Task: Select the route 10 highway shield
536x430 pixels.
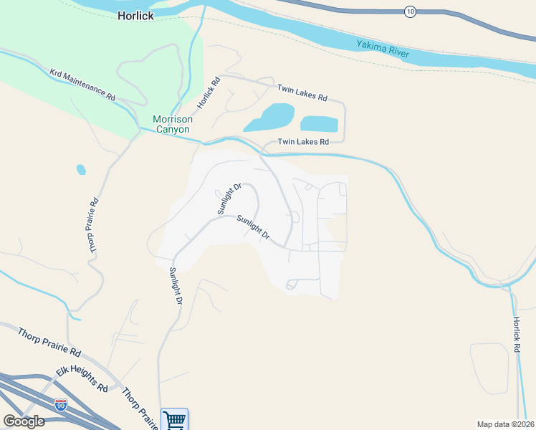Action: click(x=410, y=11)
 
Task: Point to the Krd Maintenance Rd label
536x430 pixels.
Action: click(x=82, y=85)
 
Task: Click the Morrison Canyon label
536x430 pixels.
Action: click(x=171, y=124)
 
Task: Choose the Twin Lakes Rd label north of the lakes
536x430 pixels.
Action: click(x=302, y=92)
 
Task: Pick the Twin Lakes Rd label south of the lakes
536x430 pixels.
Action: click(x=303, y=142)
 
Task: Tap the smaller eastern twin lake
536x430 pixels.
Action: click(x=319, y=123)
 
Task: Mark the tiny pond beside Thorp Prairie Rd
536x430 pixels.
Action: click(x=81, y=170)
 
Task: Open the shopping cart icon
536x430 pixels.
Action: click(x=174, y=419)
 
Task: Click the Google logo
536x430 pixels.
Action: click(x=24, y=421)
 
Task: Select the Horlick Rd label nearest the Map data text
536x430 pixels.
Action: click(x=515, y=335)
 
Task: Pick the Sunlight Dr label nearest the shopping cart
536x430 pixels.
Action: click(x=173, y=286)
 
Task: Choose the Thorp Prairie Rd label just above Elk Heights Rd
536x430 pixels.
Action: click(x=50, y=340)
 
